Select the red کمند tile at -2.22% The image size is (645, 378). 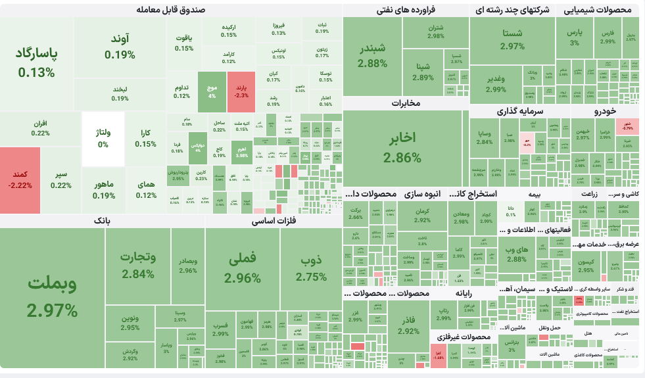(x=20, y=179)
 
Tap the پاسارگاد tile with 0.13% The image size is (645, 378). (x=37, y=62)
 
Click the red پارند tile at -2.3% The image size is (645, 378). (x=241, y=90)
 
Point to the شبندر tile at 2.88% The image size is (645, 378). (x=373, y=57)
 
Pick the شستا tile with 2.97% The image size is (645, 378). (x=512, y=39)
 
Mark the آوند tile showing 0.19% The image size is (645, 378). (x=119, y=46)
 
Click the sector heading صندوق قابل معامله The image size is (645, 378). (x=171, y=10)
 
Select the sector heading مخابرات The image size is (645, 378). (x=406, y=103)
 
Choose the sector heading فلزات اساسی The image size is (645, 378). (x=274, y=222)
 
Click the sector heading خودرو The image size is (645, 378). (x=605, y=112)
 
